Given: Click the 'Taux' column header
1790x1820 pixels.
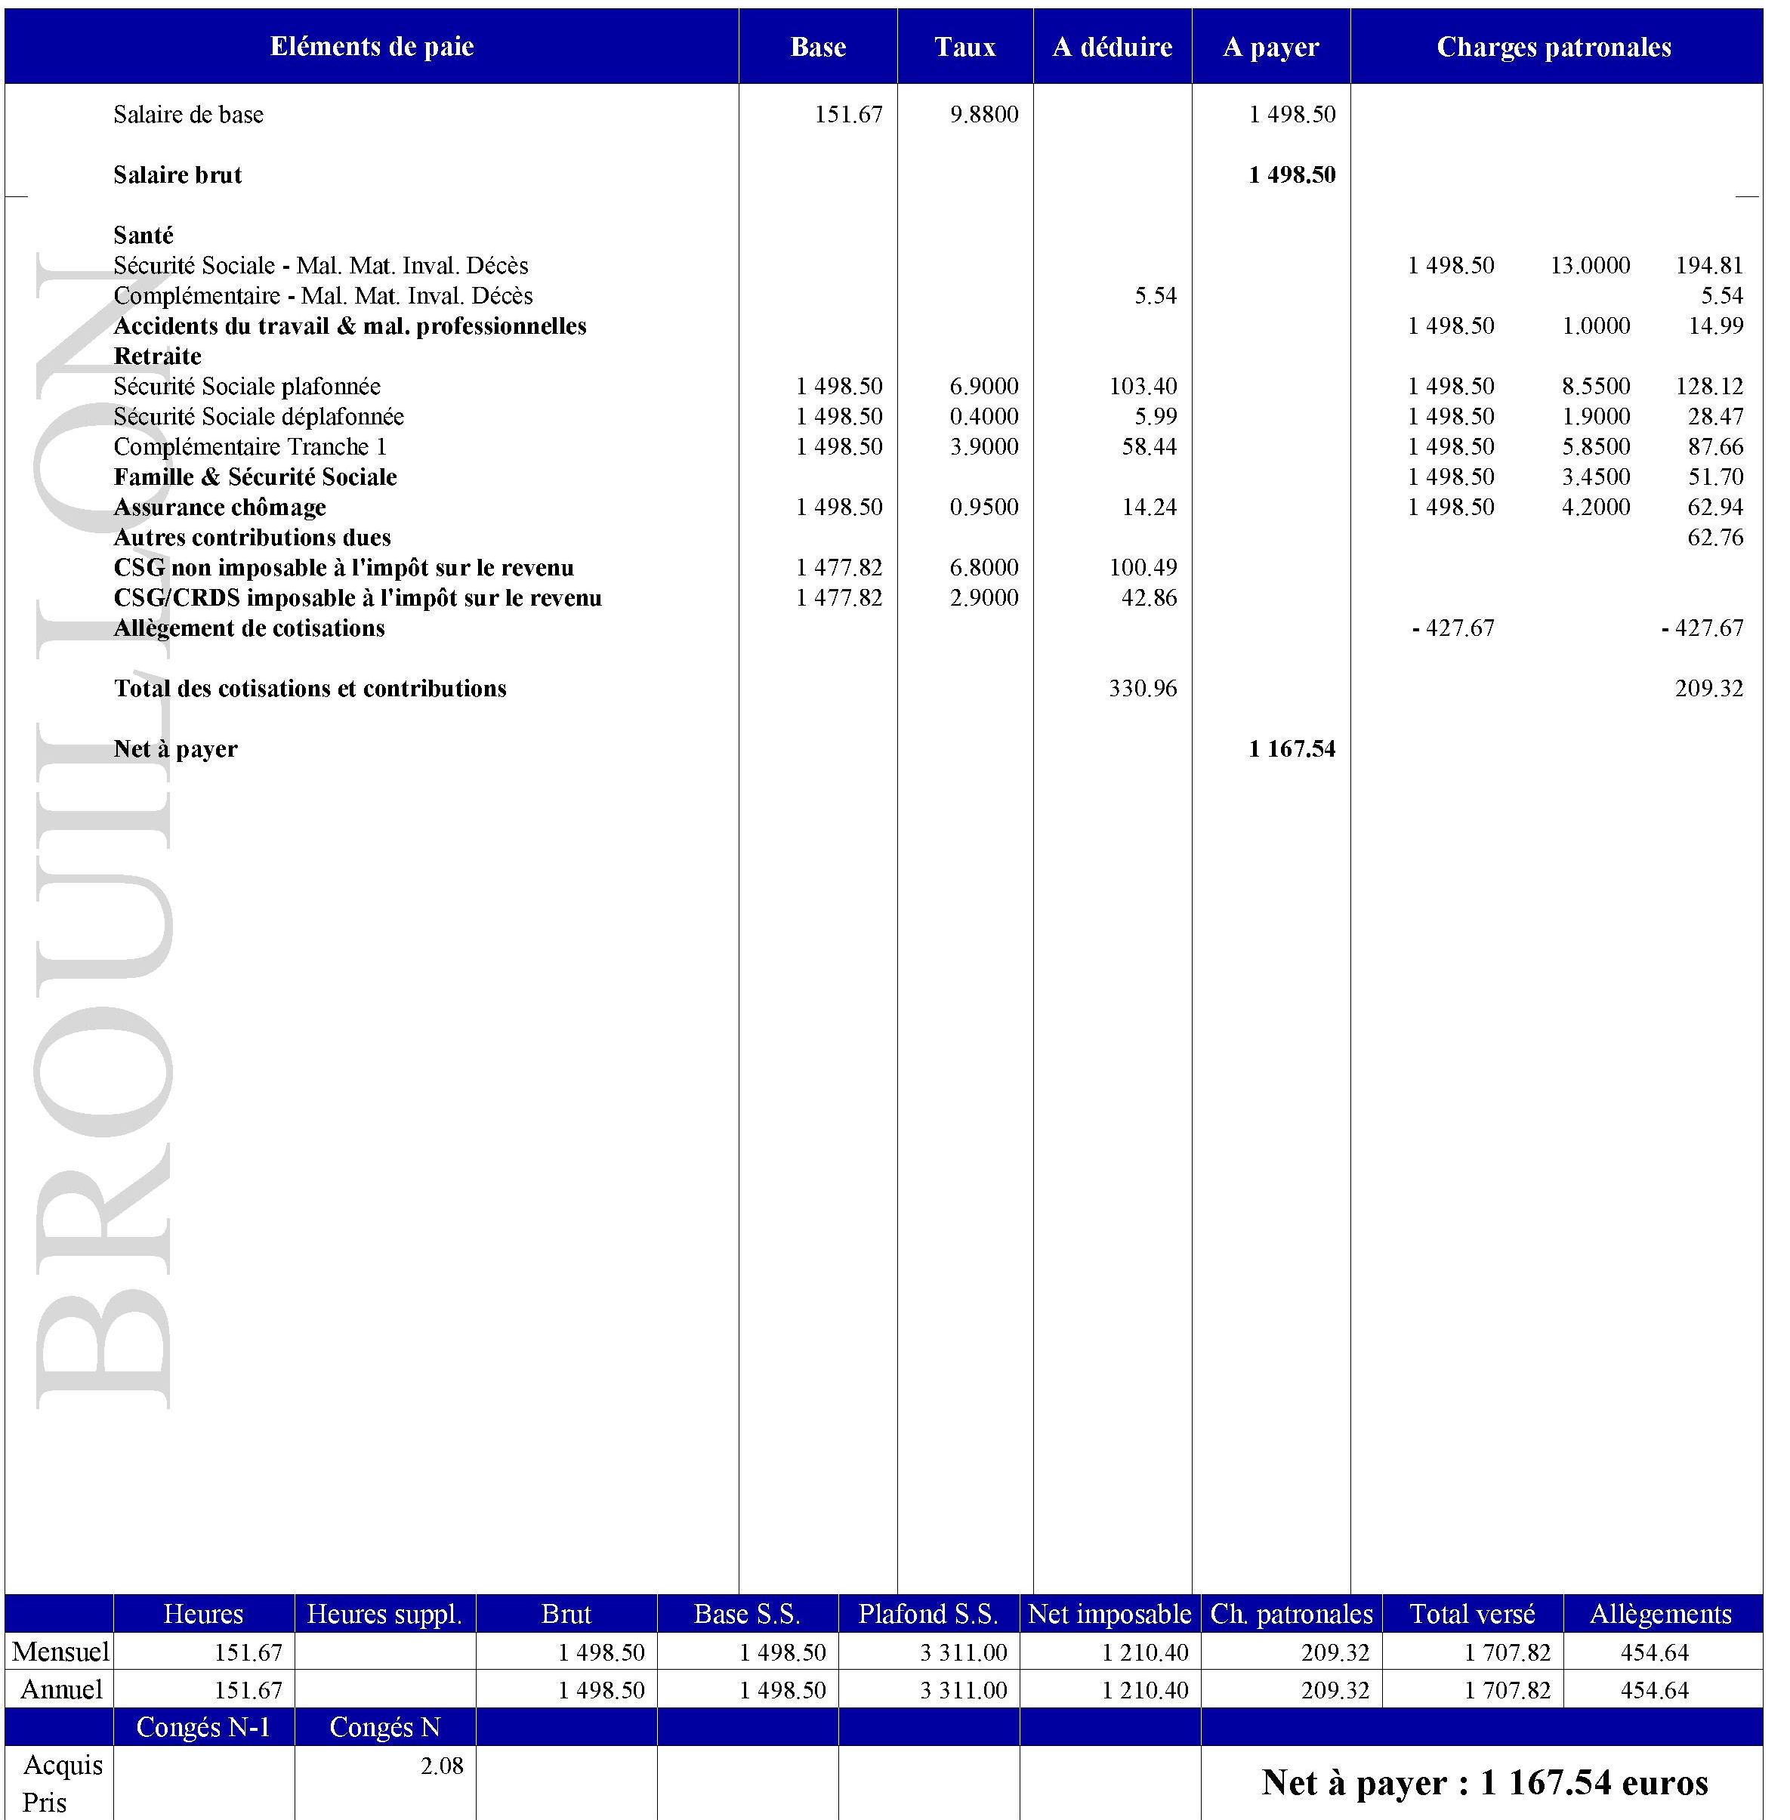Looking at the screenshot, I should (x=964, y=47).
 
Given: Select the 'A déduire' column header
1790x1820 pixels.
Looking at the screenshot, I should (x=1113, y=47).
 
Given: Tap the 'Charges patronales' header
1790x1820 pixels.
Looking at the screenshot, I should (x=1554, y=47).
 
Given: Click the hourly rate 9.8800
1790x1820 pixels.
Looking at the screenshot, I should (x=983, y=115).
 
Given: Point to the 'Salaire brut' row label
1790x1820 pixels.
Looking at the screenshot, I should (x=177, y=175).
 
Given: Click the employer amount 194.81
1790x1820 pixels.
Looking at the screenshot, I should (x=1709, y=266).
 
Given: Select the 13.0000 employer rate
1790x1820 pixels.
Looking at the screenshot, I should (x=1590, y=266).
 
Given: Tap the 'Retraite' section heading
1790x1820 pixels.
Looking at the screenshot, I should (x=157, y=356).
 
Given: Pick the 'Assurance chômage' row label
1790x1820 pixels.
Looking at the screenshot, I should (x=220, y=507).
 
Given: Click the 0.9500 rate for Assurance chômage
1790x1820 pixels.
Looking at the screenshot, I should (x=983, y=507).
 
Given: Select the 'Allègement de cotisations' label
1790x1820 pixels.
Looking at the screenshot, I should (x=249, y=628).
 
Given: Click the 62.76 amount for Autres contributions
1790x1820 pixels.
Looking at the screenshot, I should (x=1714, y=538).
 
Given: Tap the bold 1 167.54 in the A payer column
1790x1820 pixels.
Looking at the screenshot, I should (x=1292, y=749).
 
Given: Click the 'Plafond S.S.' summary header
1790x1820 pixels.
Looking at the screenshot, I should (x=928, y=1614).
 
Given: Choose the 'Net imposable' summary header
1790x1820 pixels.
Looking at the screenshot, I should (x=1109, y=1614).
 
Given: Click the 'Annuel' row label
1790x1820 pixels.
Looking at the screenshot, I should (x=61, y=1690).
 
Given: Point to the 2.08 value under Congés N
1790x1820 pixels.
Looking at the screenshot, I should (x=442, y=1766).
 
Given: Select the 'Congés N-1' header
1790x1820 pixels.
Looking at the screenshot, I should (x=203, y=1728).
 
